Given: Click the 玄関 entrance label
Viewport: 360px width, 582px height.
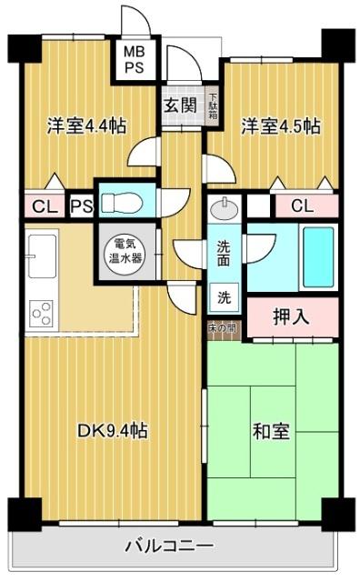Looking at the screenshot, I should pos(180,104).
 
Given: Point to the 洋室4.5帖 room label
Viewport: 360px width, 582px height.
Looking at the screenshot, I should pos(280,125).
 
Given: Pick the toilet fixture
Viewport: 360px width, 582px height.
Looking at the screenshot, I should pos(120,202).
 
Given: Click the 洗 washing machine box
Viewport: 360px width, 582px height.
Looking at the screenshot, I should pos(224,296).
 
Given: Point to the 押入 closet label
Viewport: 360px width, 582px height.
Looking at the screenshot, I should pos(291,317).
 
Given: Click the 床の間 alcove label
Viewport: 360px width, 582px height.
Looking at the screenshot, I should pos(224,327).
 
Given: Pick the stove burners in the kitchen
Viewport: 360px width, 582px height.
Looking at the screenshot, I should pos(42,313).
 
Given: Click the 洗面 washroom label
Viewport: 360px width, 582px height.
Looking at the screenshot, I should pos(224,251).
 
